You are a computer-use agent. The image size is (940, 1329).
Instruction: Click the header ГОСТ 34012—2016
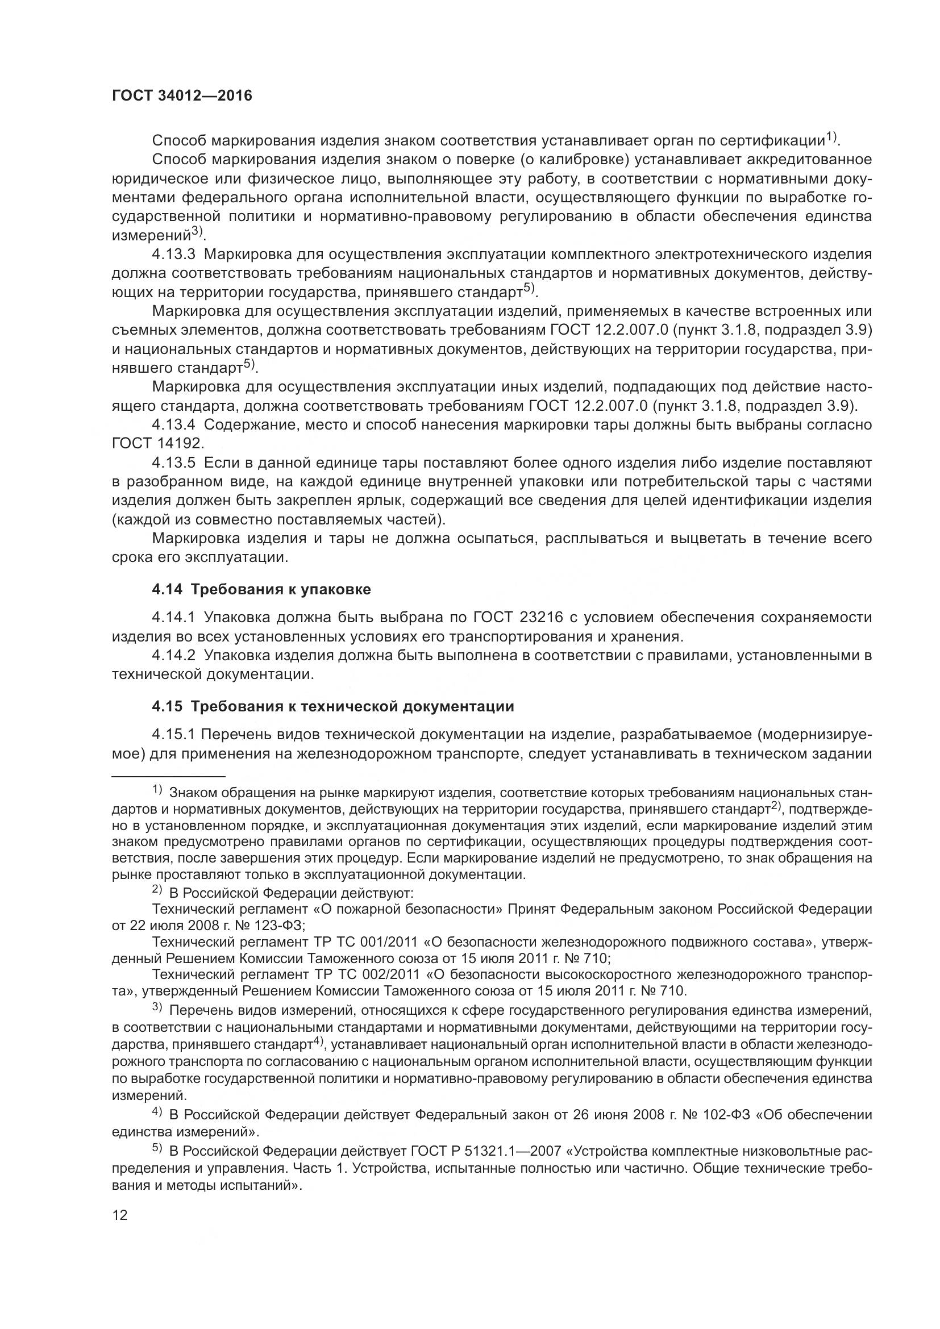[182, 96]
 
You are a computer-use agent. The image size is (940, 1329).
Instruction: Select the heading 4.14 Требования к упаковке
[261, 589]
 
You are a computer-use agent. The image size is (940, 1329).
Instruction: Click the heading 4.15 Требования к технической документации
[333, 706]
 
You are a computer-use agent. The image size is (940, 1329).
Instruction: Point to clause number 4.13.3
[174, 254]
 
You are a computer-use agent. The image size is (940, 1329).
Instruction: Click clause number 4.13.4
[174, 424]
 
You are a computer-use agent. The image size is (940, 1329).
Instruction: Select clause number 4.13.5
[174, 463]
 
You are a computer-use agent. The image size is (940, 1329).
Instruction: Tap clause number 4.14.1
[174, 618]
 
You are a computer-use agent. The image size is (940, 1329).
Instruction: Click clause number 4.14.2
[174, 655]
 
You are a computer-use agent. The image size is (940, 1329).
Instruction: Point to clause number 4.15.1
[174, 735]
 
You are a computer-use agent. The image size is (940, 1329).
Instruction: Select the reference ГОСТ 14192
[157, 443]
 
